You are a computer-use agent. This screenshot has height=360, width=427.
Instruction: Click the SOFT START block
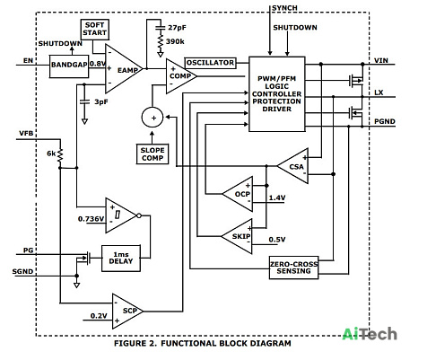tap(95, 30)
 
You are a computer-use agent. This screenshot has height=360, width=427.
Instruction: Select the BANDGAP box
tap(69, 66)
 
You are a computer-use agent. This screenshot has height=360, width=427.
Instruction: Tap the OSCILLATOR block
tap(210, 63)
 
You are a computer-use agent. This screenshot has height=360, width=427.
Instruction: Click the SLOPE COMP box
tap(152, 154)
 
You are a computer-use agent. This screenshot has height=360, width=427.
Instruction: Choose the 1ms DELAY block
tap(121, 259)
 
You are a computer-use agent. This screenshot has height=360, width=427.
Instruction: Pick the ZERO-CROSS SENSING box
tap(293, 268)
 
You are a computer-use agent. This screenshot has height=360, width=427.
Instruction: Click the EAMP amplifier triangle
tap(124, 69)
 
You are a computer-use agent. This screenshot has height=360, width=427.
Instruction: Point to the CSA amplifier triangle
tap(293, 166)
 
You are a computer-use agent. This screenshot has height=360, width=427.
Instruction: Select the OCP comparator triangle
tap(238, 194)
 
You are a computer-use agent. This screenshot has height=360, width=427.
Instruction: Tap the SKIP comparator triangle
tap(237, 236)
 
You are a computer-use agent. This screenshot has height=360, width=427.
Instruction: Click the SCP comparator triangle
tap(127, 312)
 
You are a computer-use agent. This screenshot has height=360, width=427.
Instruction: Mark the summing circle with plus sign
tap(152, 118)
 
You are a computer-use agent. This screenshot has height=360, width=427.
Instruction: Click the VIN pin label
tap(381, 60)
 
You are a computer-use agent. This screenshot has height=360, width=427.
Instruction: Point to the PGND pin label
tap(385, 121)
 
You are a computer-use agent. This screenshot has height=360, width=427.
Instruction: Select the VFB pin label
tap(26, 133)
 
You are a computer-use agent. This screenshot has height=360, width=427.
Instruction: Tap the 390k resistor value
tap(175, 41)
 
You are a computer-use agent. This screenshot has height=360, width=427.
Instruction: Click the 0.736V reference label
tap(91, 219)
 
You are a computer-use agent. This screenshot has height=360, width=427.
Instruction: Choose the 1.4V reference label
tap(277, 198)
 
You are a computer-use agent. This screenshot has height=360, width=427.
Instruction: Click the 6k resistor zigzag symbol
tap(60, 155)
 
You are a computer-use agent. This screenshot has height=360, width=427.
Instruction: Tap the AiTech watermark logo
tap(370, 334)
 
